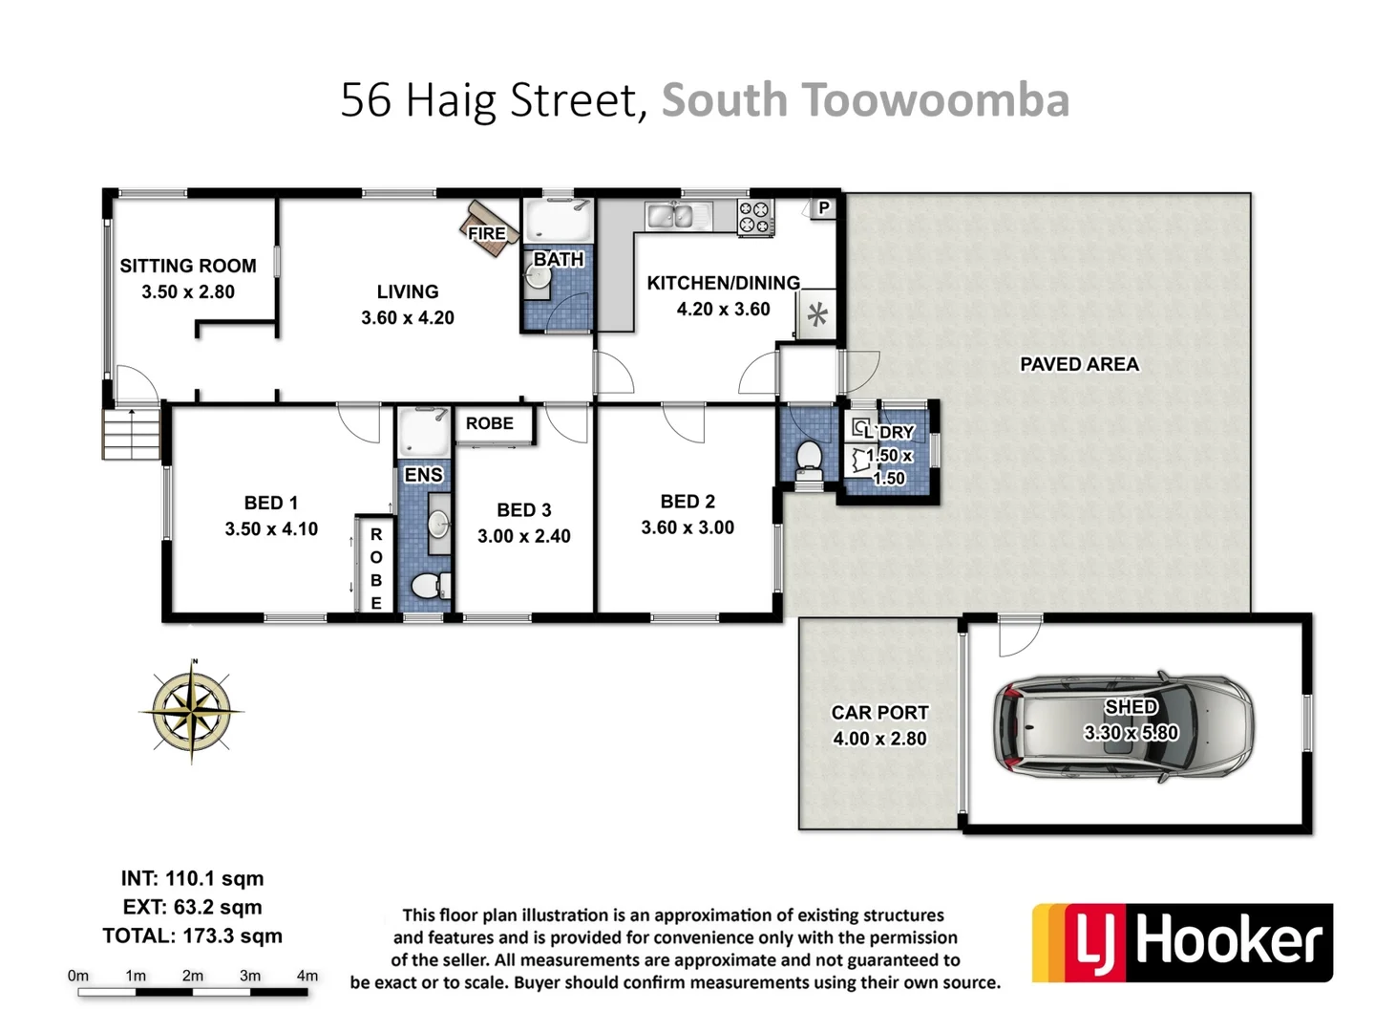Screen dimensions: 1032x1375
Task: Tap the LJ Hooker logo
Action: pyautogui.click(x=1182, y=942)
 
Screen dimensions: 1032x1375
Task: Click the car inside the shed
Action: pyautogui.click(x=1123, y=726)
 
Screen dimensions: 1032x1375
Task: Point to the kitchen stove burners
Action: pyautogui.click(x=755, y=217)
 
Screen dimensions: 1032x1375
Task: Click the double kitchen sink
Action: pyautogui.click(x=677, y=217)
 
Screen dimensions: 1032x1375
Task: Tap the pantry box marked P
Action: pyautogui.click(x=823, y=207)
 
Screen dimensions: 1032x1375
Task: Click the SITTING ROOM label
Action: pyautogui.click(x=188, y=266)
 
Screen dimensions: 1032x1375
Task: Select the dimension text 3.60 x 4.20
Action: pyautogui.click(x=408, y=317)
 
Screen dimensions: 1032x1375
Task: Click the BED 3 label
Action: pyautogui.click(x=523, y=510)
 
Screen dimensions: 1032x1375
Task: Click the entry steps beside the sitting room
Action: pyautogui.click(x=131, y=434)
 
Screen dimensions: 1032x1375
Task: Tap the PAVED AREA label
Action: pyautogui.click(x=1079, y=364)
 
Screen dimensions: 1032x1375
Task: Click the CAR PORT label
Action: pyautogui.click(x=879, y=713)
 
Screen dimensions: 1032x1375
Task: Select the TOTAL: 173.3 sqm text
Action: pyautogui.click(x=193, y=935)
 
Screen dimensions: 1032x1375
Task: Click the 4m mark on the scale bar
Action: pyautogui.click(x=307, y=977)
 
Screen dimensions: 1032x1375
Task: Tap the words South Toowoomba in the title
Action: pyautogui.click(x=865, y=100)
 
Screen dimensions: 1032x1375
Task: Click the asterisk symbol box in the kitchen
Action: pyautogui.click(x=817, y=314)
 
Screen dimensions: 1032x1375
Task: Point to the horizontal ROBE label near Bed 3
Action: pyautogui.click(x=490, y=423)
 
